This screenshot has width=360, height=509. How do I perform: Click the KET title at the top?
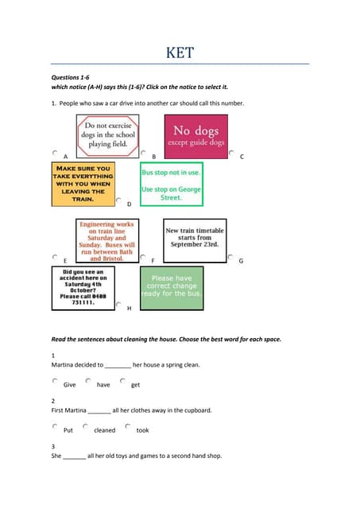(180, 53)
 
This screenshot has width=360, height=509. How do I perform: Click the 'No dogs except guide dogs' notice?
(195, 136)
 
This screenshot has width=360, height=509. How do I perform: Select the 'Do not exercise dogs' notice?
(107, 135)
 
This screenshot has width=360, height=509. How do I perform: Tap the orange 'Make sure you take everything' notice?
(82, 183)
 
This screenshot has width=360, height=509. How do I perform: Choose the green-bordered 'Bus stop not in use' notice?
(172, 184)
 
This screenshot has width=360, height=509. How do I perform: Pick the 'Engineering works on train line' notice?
(107, 241)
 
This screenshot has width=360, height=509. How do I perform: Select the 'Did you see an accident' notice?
(83, 287)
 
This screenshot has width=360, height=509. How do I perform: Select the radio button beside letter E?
(55, 257)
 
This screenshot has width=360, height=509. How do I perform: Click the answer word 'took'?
(142, 430)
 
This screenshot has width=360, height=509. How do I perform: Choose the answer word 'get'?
(136, 385)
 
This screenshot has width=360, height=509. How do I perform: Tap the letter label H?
(129, 308)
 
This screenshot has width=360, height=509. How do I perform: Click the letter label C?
(241, 157)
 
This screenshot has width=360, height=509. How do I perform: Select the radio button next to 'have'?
(88, 381)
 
